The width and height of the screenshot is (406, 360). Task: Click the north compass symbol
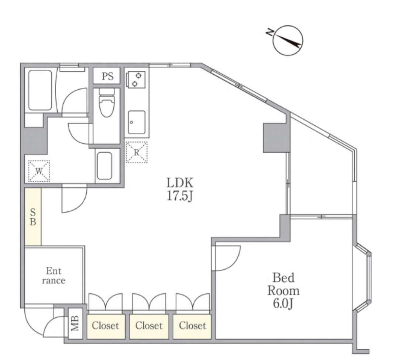(287, 40)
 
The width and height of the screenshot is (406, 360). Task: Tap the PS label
(107, 76)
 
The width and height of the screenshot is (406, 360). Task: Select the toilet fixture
(106, 103)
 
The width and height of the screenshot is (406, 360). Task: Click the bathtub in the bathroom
(40, 90)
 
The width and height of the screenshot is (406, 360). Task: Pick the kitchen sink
(137, 122)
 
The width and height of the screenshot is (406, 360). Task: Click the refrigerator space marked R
(137, 152)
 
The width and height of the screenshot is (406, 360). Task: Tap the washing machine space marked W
(39, 171)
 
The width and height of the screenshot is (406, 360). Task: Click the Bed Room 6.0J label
(283, 291)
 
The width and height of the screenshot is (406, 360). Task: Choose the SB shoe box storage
(33, 217)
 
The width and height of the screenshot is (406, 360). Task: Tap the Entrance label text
(54, 276)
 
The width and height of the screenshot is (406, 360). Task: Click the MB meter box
(75, 323)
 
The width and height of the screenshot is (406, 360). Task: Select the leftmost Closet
(106, 326)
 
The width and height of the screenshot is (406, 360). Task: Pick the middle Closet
(149, 326)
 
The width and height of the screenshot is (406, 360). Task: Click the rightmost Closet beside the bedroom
(192, 326)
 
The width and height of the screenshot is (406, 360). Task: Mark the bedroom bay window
(362, 277)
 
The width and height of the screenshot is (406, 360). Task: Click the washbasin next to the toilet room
(104, 166)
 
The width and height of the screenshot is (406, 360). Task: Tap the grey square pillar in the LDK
(275, 138)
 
